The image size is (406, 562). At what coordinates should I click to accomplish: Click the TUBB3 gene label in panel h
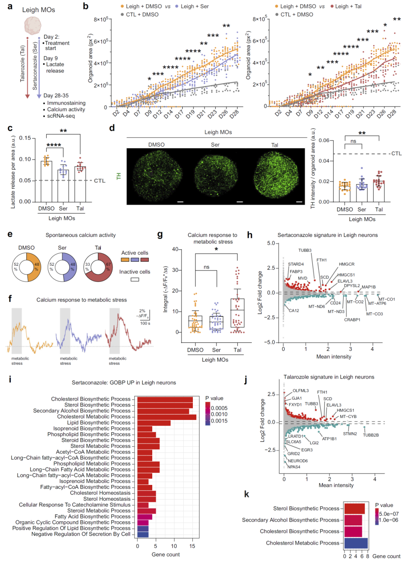[305, 250]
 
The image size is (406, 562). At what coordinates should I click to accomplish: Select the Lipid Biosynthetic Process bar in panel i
[154, 423]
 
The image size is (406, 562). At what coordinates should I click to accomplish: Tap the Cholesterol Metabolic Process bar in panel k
[356, 543]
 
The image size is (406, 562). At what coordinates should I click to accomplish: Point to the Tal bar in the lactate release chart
[80, 184]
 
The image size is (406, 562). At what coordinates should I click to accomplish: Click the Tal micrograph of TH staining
[275, 176]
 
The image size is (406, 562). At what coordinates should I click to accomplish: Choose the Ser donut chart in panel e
[62, 267]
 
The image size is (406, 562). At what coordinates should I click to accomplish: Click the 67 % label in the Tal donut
[108, 267]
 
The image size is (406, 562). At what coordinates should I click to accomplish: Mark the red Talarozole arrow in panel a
[27, 68]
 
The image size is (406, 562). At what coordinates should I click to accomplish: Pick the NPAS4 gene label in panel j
[294, 467]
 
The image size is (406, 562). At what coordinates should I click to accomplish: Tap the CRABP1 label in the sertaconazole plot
[352, 320]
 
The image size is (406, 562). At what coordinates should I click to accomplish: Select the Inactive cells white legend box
[135, 279]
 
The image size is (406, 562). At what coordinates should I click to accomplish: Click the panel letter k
[247, 494]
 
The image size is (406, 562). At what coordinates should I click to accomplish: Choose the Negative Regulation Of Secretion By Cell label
[81, 534]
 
